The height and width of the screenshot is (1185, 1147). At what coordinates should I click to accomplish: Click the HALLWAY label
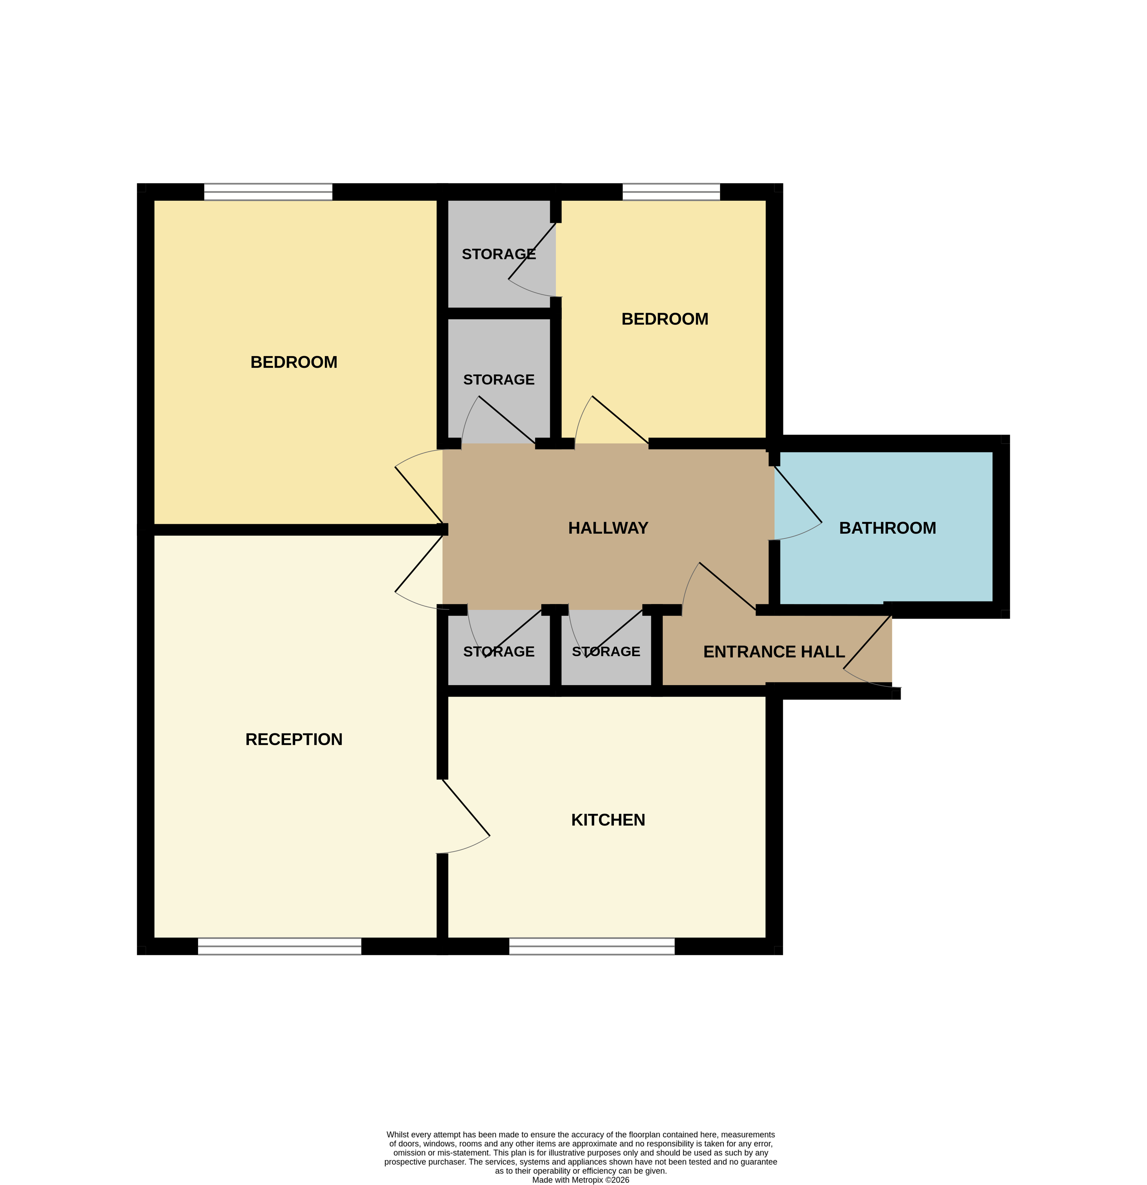pyautogui.click(x=608, y=528)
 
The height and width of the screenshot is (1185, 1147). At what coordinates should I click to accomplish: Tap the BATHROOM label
pyautogui.click(x=887, y=528)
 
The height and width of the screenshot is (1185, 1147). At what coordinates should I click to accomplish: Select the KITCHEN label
pyautogui.click(x=608, y=820)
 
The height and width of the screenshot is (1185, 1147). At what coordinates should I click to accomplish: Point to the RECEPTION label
pyautogui.click(x=294, y=739)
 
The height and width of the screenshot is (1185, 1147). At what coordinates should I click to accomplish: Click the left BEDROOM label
pyautogui.click(x=294, y=362)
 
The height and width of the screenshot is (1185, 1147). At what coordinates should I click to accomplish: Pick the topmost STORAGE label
pyautogui.click(x=498, y=254)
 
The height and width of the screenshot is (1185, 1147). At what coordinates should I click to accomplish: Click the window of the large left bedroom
pyautogui.click(x=268, y=192)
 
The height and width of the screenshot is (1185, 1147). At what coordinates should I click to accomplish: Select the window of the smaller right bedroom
pyautogui.click(x=671, y=192)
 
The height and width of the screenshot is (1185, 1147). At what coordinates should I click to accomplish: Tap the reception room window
pyautogui.click(x=279, y=946)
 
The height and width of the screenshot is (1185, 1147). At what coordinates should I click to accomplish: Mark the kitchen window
pyautogui.click(x=591, y=946)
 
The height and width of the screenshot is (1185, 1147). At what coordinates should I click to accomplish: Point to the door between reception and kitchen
pyautogui.click(x=466, y=807)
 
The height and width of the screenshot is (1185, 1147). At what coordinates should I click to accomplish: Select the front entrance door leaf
pyautogui.click(x=867, y=642)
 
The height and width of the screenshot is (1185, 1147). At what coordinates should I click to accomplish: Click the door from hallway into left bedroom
pyautogui.click(x=419, y=495)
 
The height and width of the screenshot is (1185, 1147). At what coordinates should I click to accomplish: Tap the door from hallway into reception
pyautogui.click(x=419, y=564)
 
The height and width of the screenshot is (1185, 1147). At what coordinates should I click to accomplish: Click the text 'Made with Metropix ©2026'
pyautogui.click(x=580, y=1179)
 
